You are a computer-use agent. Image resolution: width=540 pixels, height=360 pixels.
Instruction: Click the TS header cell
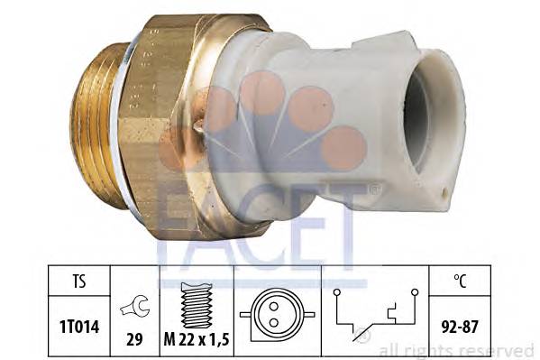click(78, 281)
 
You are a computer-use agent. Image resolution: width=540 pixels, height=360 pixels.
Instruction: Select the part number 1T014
click(79, 327)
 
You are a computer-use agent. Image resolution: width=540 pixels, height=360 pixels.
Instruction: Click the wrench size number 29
click(134, 339)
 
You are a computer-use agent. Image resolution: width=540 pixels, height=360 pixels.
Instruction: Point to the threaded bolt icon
click(197, 305)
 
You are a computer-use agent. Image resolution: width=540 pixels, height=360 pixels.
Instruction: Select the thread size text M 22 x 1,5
click(197, 339)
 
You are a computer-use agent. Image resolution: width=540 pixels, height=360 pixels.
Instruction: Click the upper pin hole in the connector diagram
click(274, 306)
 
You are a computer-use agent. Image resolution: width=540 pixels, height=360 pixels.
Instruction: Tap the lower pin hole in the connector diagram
click(274, 323)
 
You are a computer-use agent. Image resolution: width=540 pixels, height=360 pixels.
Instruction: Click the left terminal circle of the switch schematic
click(337, 292)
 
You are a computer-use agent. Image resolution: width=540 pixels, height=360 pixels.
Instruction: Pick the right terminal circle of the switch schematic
click(415, 292)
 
